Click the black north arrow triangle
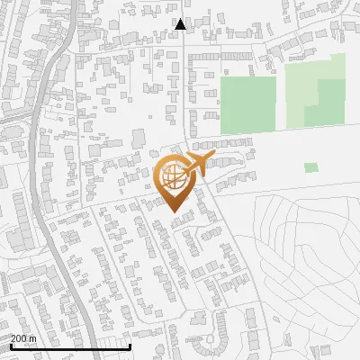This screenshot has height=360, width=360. pyautogui.click(x=180, y=24)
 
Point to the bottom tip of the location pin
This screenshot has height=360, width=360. pyautogui.click(x=173, y=212)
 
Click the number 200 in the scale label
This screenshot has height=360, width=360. pyautogui.click(x=19, y=338)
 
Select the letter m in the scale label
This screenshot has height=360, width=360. pyautogui.click(x=33, y=338)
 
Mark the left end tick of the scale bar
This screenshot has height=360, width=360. pyautogui.click(x=11, y=346)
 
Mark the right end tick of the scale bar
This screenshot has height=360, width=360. pyautogui.click(x=130, y=346)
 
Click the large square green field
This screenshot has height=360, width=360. pyautogui.click(x=247, y=104)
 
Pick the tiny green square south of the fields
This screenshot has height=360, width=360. pyautogui.click(x=310, y=167)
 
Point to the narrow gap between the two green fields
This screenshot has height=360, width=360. pyautogui.click(x=280, y=99)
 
